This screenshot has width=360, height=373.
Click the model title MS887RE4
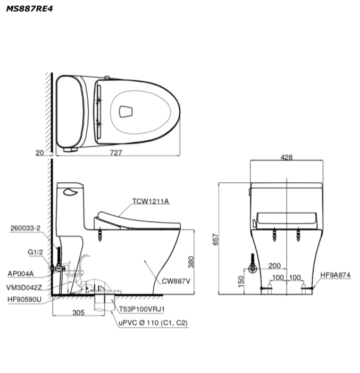coord(29,9)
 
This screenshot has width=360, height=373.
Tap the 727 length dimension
coord(116,152)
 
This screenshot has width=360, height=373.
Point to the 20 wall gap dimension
coord(40,152)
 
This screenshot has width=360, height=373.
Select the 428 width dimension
coord(287,157)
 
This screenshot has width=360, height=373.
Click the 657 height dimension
coord(215,239)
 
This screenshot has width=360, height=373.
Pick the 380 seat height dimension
coord(191,262)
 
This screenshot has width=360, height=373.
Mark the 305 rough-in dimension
coord(78,312)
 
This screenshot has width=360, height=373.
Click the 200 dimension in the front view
coord(274,266)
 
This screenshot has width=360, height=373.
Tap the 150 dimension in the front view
coord(241,282)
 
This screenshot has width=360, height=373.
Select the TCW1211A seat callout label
coord(150,201)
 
